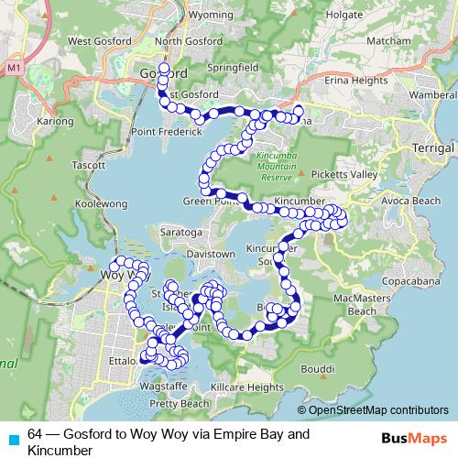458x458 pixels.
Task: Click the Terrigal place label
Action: (433, 147)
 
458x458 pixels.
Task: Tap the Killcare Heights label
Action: (246, 387)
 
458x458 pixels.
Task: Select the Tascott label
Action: (88, 166)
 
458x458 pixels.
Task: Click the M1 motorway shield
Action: (13, 69)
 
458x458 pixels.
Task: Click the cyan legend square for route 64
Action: (11, 438)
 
